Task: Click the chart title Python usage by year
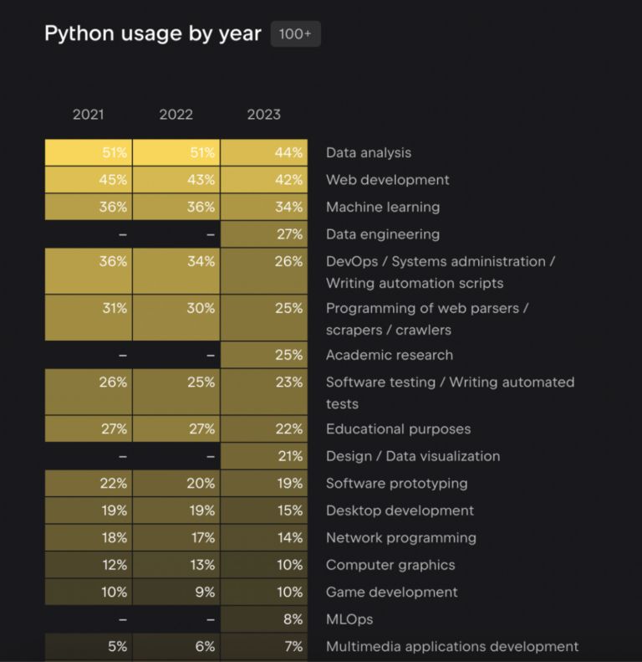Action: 152,33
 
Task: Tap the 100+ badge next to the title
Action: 295,33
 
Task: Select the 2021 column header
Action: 88,115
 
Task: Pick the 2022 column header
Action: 176,115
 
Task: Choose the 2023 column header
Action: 263,115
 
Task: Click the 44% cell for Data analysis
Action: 264,152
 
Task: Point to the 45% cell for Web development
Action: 89,180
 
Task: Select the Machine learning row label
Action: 382,207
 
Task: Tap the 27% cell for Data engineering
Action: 264,234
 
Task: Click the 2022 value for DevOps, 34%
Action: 176,270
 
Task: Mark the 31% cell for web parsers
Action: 89,317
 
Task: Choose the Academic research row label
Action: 389,355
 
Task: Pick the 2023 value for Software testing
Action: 264,392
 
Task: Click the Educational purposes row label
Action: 398,429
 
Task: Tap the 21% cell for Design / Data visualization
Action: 264,456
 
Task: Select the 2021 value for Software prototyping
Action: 89,483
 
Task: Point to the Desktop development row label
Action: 400,511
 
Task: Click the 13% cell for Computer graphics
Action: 176,565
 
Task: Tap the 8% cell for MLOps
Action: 264,619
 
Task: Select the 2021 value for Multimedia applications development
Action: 89,646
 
